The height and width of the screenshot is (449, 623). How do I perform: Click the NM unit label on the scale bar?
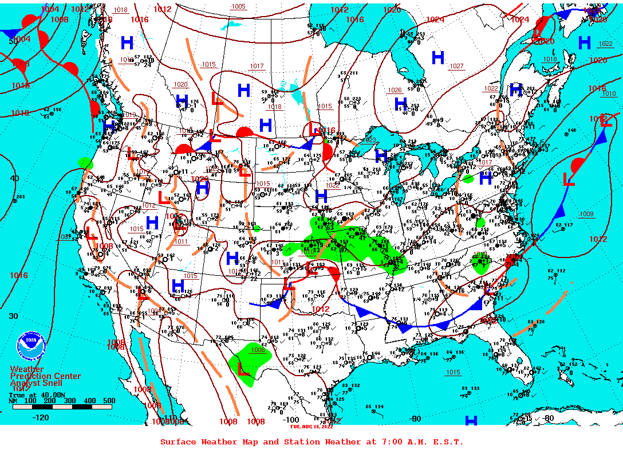(x=13, y=400)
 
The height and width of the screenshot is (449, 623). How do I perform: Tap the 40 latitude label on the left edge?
(x=14, y=178)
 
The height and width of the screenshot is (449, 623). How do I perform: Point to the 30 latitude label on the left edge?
(x=14, y=316)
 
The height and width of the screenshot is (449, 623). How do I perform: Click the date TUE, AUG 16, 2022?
(x=311, y=427)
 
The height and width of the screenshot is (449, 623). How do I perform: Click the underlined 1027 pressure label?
(x=456, y=66)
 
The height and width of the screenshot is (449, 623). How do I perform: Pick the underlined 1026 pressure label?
(x=395, y=90)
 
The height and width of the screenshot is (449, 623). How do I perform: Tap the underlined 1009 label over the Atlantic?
(x=586, y=214)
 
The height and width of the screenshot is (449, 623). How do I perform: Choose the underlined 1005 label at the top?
(x=238, y=6)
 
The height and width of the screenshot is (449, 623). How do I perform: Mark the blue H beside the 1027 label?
(x=438, y=57)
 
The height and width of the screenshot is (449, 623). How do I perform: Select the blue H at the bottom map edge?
(x=471, y=421)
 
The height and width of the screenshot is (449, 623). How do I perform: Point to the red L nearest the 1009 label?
(x=568, y=179)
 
